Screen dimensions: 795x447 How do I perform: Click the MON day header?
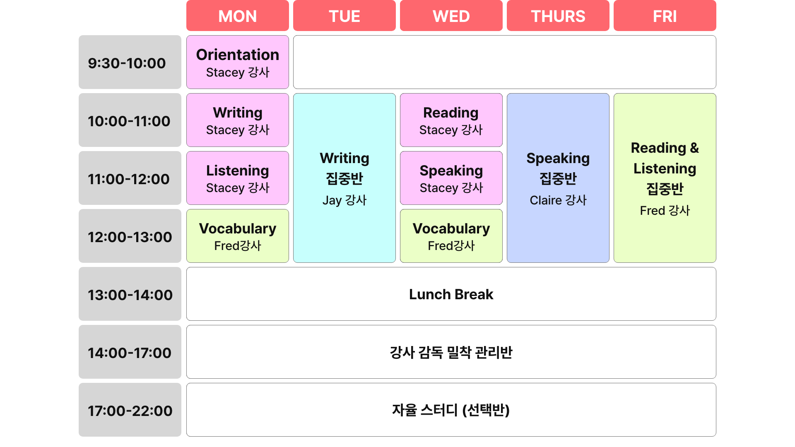(x=238, y=16)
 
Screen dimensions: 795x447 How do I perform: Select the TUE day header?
(x=344, y=16)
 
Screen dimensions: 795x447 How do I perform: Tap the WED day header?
(x=451, y=16)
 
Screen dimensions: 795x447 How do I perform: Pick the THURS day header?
(x=558, y=16)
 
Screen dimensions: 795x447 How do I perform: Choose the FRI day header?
(x=665, y=16)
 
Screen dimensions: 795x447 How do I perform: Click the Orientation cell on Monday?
(x=238, y=62)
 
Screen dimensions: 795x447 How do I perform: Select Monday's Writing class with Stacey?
(x=238, y=120)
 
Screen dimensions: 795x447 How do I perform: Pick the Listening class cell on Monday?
(x=238, y=178)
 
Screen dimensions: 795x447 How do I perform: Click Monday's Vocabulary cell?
(x=238, y=236)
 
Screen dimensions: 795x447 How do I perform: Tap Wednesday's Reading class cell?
(x=451, y=120)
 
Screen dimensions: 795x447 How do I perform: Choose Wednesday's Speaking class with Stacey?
(x=451, y=178)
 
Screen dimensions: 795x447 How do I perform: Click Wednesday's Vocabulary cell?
(x=451, y=236)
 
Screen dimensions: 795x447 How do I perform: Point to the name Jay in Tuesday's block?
(x=332, y=201)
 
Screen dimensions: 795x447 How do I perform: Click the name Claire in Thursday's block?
(x=546, y=200)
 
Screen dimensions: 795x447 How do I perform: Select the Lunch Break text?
(x=451, y=294)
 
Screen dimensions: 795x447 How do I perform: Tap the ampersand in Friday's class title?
(x=694, y=148)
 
